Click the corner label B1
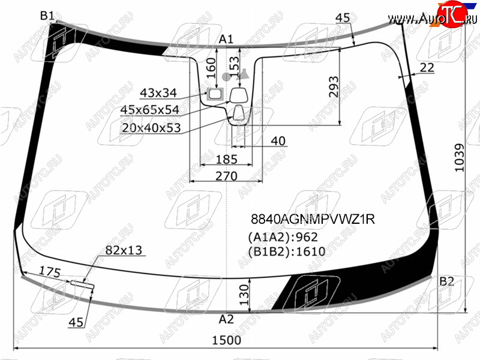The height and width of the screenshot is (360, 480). click(47, 16)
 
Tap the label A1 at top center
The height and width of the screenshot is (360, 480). click(226, 39)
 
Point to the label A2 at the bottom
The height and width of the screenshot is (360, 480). click(226, 319)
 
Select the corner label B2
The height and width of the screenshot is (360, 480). click(446, 281)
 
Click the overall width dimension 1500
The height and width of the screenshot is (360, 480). click(227, 340)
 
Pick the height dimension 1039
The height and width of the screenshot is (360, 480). click(459, 158)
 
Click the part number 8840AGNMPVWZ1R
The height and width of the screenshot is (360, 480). click(313, 219)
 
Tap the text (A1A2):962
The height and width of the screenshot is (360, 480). click(283, 237)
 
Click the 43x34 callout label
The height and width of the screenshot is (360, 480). click(158, 93)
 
